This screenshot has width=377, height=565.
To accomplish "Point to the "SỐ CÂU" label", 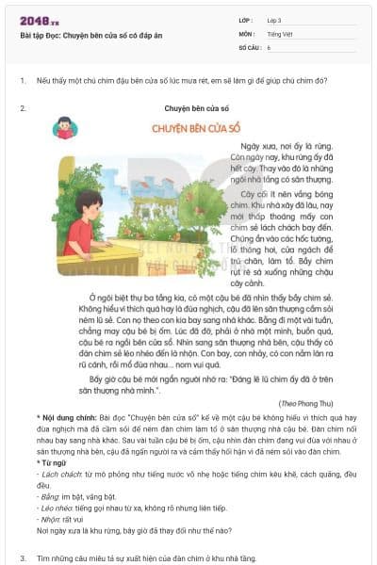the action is [249, 46].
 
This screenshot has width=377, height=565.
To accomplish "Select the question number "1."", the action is [23, 81].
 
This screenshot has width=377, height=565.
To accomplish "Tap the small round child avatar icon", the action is [66, 128].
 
